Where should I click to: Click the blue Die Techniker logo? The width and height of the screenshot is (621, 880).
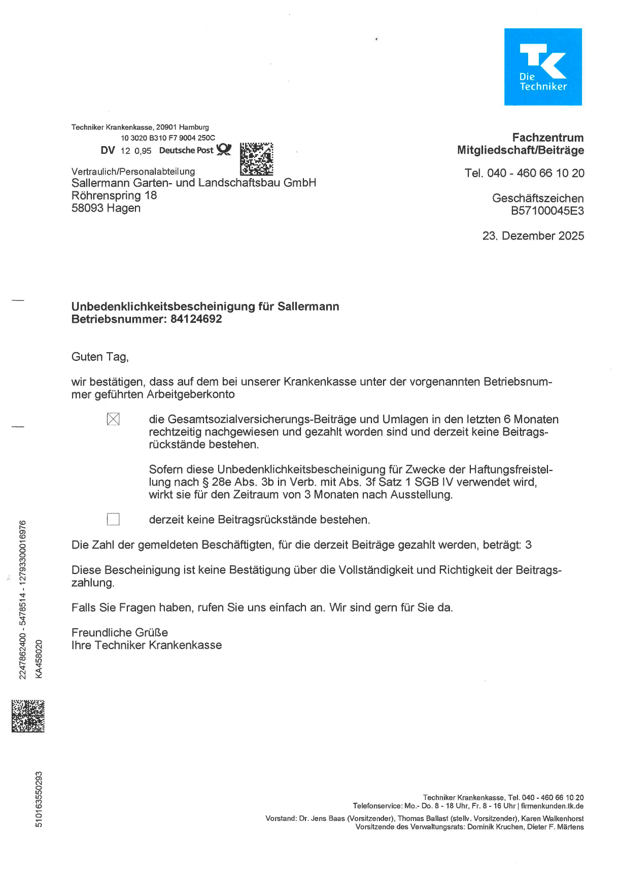[543, 67]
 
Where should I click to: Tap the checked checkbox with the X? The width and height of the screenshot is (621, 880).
[113, 419]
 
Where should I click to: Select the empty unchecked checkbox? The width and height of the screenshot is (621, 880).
[113, 519]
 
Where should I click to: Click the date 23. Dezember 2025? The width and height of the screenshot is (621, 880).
[533, 236]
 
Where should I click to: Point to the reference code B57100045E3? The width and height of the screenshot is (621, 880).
[547, 211]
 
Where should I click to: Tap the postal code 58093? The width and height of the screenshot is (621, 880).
[87, 208]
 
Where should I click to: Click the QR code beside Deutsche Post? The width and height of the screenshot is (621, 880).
[256, 159]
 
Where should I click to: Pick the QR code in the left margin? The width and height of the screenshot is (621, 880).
[28, 716]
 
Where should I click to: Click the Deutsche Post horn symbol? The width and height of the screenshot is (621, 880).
[224, 149]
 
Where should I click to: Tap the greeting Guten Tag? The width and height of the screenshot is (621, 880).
[100, 357]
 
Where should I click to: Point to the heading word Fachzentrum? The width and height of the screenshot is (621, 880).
[547, 138]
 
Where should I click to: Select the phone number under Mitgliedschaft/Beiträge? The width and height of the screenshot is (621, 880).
[525, 173]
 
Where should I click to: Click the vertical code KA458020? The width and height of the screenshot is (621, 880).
[39, 659]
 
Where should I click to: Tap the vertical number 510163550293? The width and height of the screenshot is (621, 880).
[39, 799]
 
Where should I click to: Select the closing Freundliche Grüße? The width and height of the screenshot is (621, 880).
[120, 633]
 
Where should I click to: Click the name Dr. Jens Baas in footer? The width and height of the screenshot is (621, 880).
[322, 819]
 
